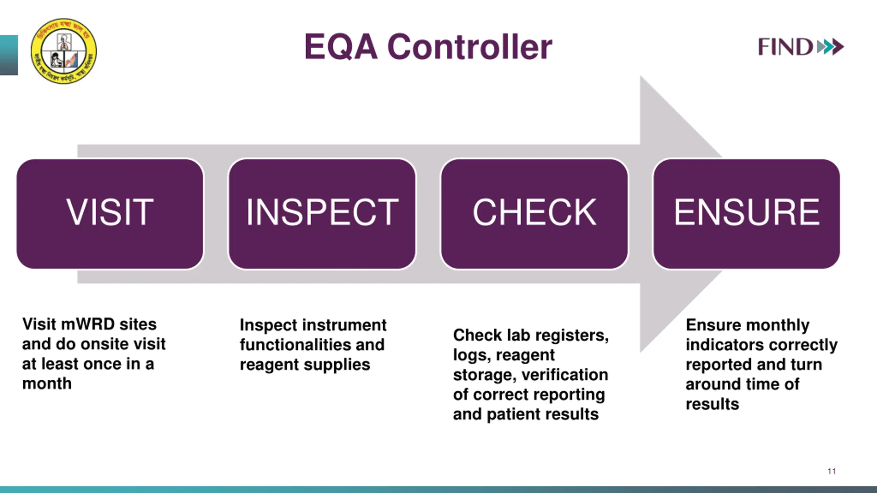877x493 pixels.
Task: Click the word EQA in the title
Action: [341, 47]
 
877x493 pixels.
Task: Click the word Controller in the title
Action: [470, 47]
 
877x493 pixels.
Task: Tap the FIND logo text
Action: [785, 47]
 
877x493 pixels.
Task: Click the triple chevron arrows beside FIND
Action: [830, 47]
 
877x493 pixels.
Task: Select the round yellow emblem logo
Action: [64, 51]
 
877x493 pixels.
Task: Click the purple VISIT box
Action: [110, 214]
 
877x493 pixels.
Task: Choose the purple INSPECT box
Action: [322, 214]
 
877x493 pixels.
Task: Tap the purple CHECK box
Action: [534, 214]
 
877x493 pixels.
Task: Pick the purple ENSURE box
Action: [746, 214]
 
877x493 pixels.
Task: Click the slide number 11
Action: [831, 471]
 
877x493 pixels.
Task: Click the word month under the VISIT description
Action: [47, 384]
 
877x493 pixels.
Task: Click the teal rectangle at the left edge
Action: [9, 55]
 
